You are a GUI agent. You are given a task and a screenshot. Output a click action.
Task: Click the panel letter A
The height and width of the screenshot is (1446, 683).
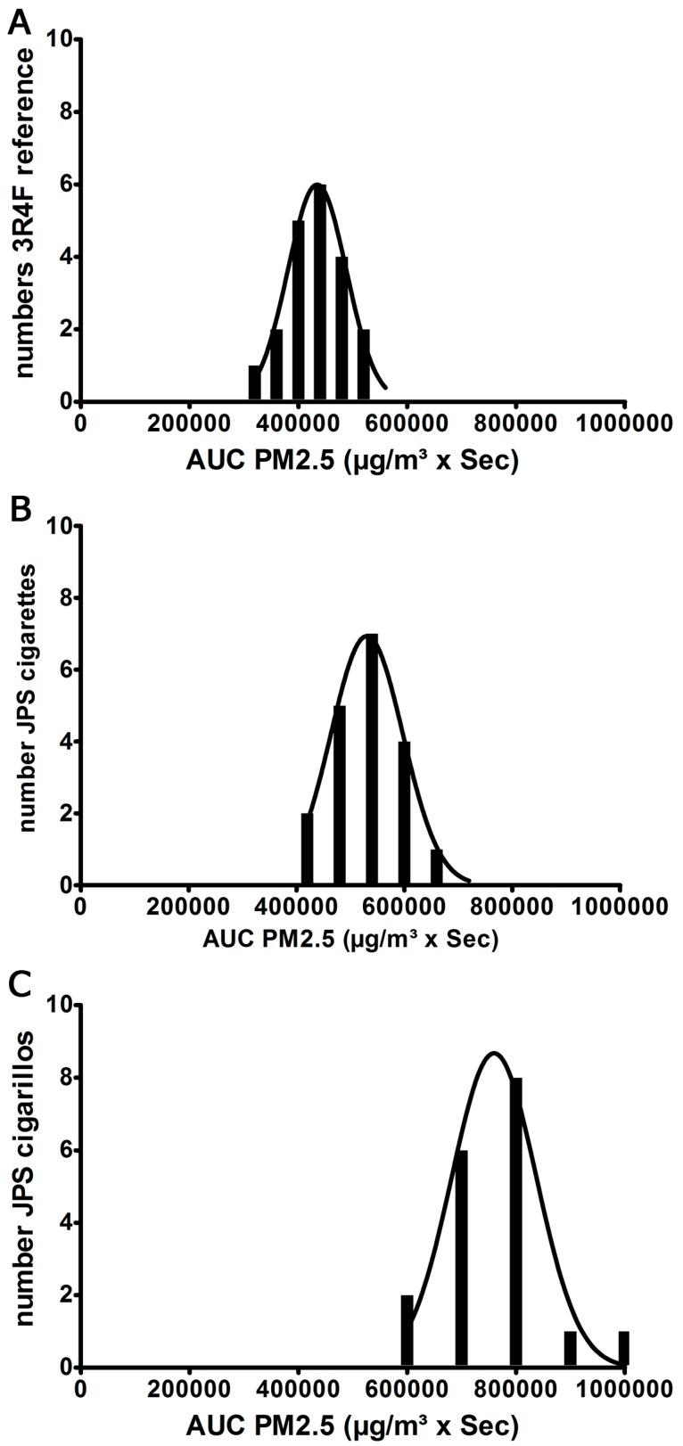(x=19, y=22)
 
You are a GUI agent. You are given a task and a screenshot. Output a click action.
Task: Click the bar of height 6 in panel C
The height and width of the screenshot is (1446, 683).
(x=461, y=1258)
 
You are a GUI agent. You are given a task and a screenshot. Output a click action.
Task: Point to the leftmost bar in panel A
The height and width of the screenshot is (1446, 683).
(x=254, y=383)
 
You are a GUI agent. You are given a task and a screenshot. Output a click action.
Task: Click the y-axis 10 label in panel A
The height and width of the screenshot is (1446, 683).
(x=62, y=39)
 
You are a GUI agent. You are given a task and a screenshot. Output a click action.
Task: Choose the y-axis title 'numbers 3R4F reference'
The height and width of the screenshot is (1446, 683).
(x=24, y=214)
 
